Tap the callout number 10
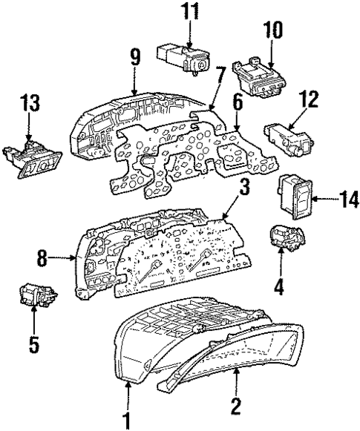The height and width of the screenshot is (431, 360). click(272, 29)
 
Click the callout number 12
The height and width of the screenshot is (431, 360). click(310, 98)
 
